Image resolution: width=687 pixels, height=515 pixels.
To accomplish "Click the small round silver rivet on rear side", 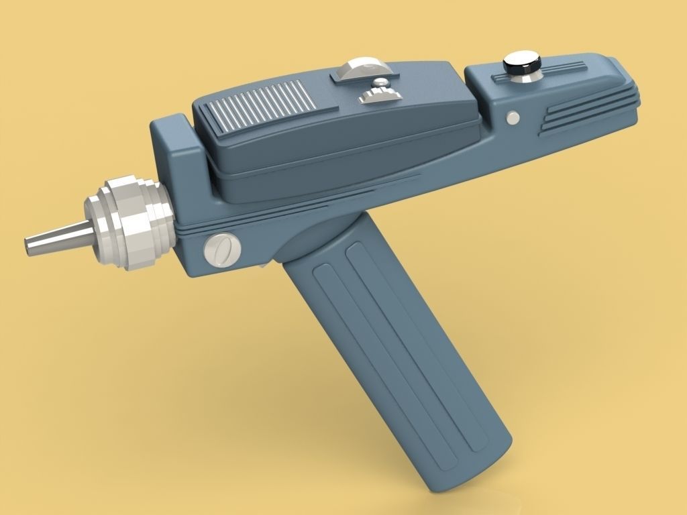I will (513, 118).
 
